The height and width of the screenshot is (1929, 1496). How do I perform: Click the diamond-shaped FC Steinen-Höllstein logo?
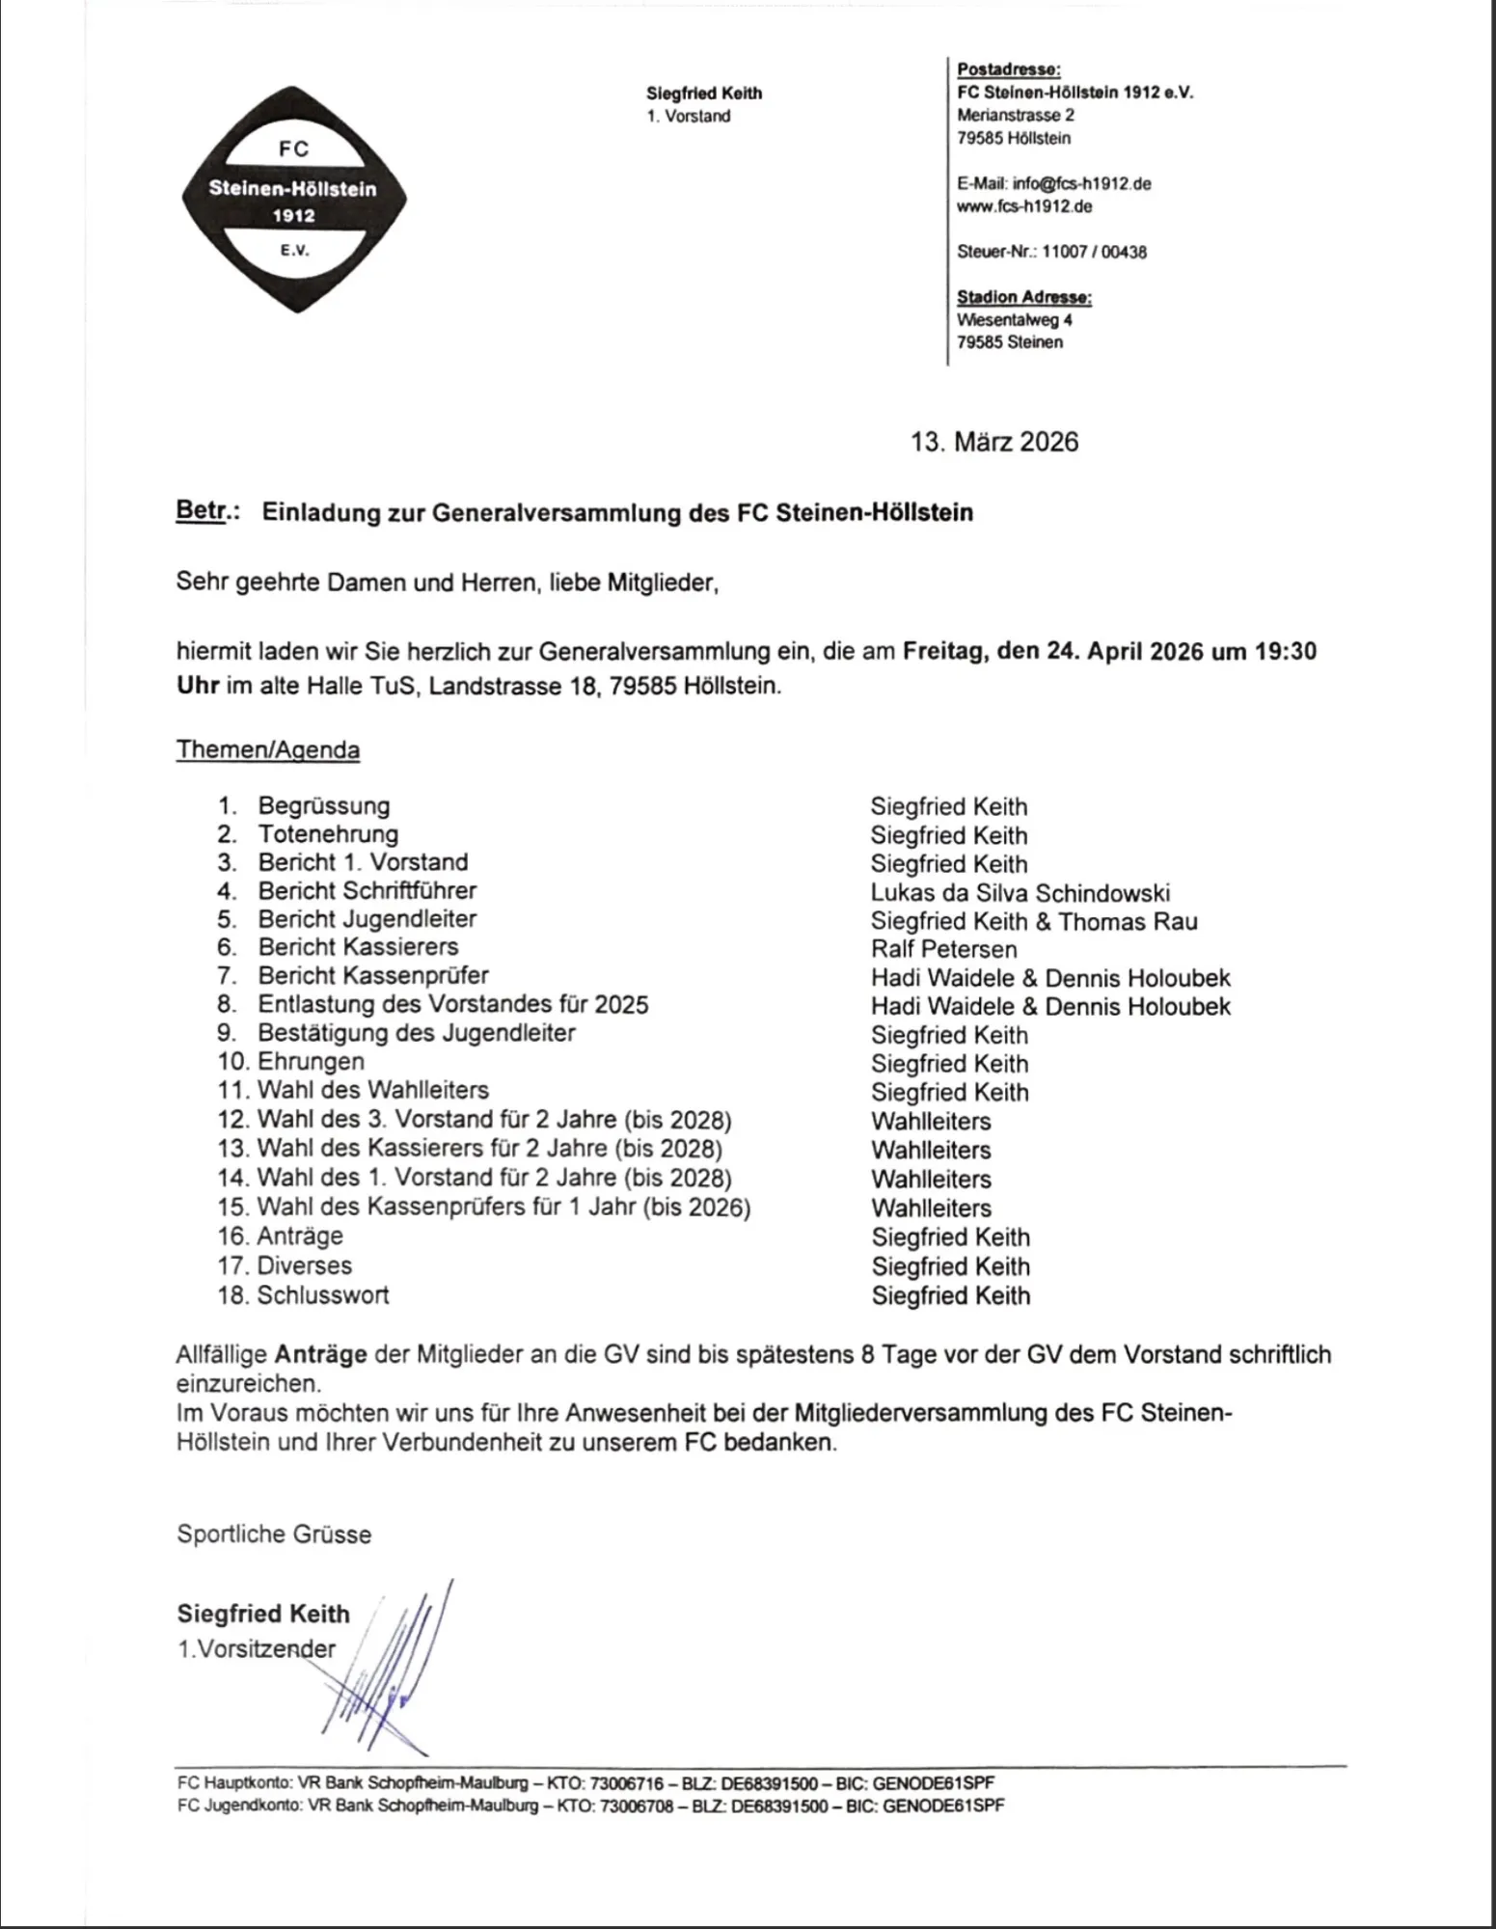pos(294,200)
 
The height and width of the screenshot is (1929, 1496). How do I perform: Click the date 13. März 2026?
pos(994,442)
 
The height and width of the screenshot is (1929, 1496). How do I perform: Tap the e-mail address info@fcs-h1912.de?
pos(1081,183)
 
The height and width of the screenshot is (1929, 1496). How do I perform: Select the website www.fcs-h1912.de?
pos(1024,206)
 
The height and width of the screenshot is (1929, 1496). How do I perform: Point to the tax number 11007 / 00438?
pos(1094,252)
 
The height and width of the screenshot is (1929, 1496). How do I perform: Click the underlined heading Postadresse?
pos(1009,69)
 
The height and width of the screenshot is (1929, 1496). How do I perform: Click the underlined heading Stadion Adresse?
pos(1023,297)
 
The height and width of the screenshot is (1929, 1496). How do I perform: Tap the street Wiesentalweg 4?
pos(1014,319)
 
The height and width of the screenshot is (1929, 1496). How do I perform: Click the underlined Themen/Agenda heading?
pos(268,750)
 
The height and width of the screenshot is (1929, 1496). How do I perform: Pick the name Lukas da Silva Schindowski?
pos(1020,892)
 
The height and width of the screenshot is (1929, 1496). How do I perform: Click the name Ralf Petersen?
pos(943,949)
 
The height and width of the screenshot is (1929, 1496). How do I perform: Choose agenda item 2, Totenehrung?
pos(328,834)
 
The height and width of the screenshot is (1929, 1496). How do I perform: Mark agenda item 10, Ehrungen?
pos(311,1062)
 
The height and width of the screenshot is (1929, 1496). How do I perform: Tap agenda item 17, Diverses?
pos(304,1265)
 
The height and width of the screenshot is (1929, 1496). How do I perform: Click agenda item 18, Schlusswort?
pos(322,1294)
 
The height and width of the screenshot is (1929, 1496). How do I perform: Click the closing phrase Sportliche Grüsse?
pos(274,1535)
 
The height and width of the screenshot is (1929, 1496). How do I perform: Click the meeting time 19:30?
pos(1285,651)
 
